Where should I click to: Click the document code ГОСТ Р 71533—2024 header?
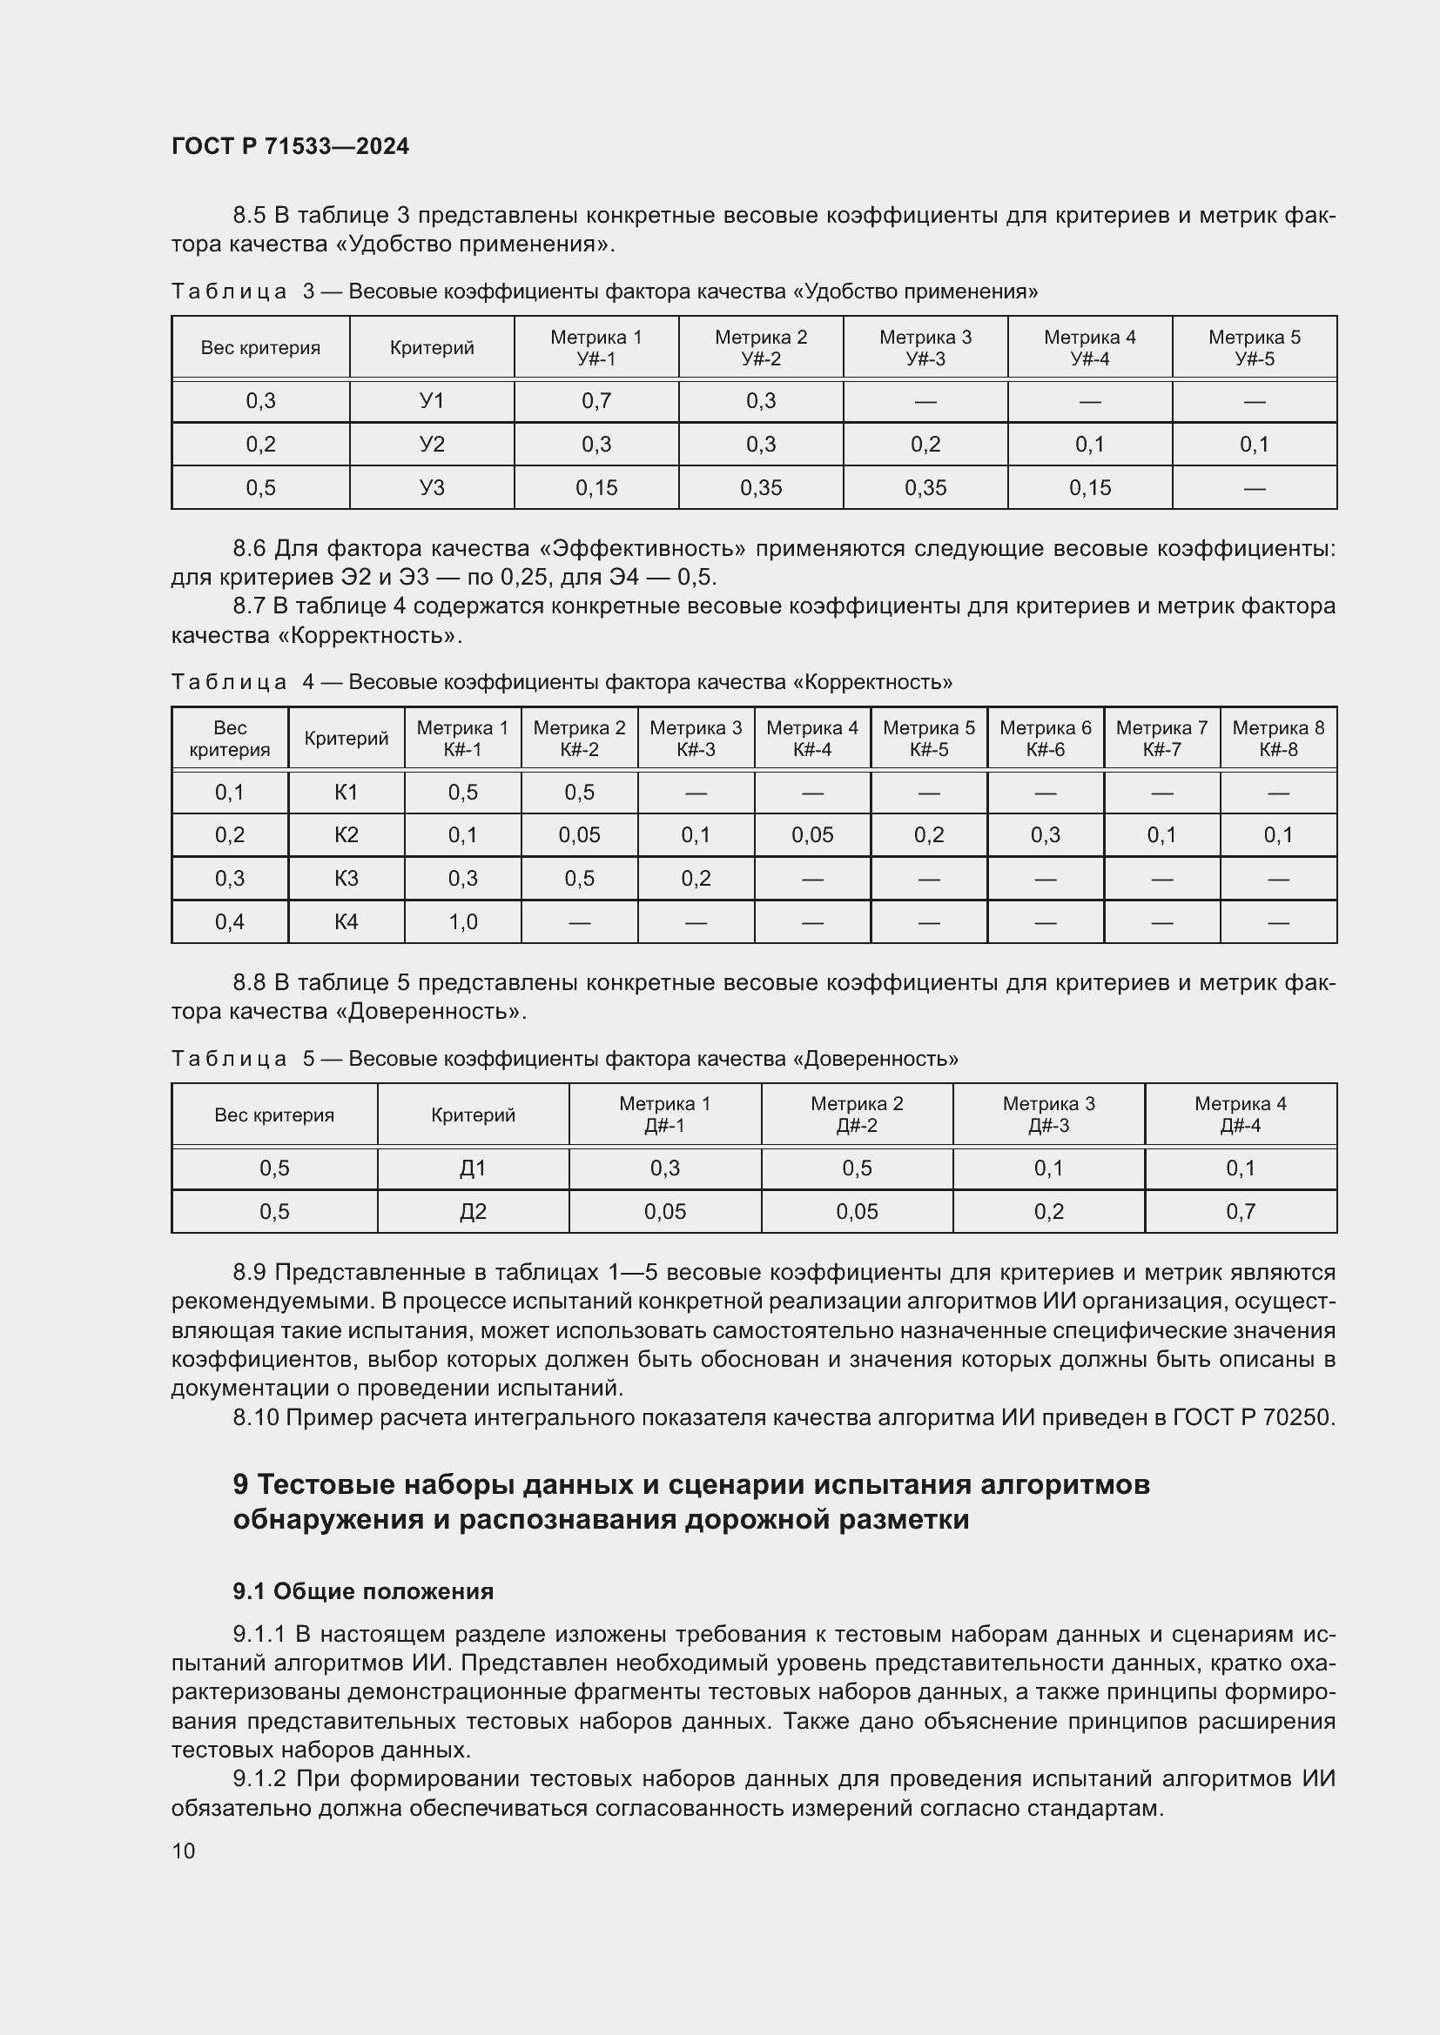(290, 146)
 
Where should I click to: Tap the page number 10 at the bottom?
(184, 1851)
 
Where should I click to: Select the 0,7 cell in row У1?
(596, 401)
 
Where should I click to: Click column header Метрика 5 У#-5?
(1254, 347)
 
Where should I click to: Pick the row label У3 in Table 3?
(432, 487)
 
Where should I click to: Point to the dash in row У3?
(1254, 488)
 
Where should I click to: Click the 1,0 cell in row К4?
(463, 921)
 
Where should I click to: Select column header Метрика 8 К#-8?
(1278, 739)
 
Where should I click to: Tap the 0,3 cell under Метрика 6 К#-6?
(1046, 835)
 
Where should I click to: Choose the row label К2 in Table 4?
(346, 835)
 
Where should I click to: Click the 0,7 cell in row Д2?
(1241, 1212)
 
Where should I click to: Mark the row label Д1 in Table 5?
(473, 1168)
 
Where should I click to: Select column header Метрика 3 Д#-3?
(1048, 1115)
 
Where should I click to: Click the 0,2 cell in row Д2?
(1048, 1212)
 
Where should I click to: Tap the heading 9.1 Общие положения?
(363, 1591)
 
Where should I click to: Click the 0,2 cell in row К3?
(696, 879)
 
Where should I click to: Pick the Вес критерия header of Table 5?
(274, 1115)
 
